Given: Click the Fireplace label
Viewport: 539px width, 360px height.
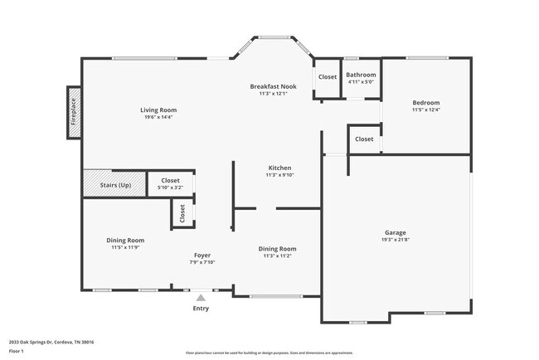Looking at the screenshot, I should pos(73,113).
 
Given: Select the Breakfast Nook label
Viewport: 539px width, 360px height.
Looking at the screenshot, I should pos(273,86).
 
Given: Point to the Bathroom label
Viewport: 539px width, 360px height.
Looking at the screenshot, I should pos(361,75).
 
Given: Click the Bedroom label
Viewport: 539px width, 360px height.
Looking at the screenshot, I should pos(426,103).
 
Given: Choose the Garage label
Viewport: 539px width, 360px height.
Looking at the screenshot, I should pos(395,232).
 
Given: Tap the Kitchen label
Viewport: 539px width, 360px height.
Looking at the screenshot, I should pos(278,168).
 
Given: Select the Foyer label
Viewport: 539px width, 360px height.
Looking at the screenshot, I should pos(202,255).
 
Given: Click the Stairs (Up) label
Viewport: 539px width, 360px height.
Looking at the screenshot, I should pos(115,184).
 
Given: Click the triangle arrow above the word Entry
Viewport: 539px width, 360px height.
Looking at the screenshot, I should pos(201,296).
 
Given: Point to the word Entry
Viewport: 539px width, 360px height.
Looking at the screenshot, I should pos(201,309).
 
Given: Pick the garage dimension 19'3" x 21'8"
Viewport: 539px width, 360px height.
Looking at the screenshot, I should pos(395,240).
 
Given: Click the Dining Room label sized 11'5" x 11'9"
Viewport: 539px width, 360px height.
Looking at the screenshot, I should pos(125,240).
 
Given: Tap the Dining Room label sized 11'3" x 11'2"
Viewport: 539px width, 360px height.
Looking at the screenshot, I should pos(277,248).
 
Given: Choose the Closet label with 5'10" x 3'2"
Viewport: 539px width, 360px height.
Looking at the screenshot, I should pos(170,180).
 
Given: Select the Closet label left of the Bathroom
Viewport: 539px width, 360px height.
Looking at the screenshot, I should pos(328,77).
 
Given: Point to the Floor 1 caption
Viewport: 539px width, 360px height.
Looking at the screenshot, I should pos(17,351).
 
